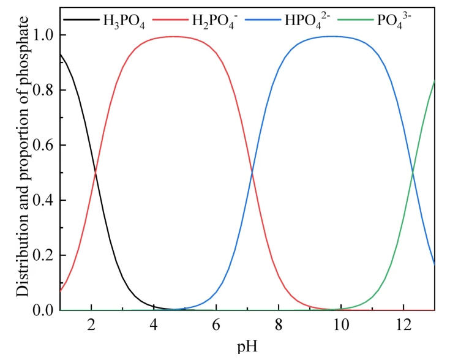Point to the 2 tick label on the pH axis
[91, 324]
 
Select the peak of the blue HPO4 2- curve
[331, 36]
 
